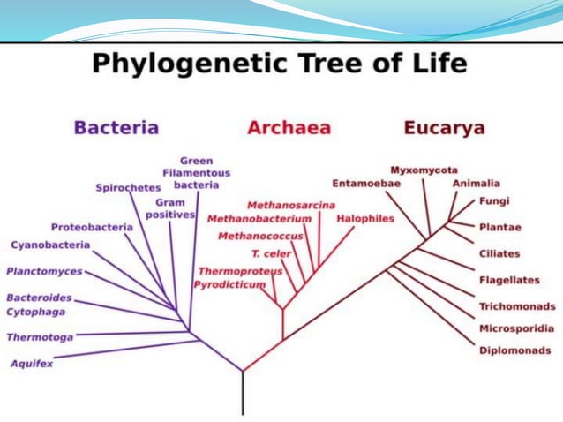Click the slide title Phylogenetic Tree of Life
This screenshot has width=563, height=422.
tap(280, 64)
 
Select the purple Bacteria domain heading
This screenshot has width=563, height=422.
tap(116, 127)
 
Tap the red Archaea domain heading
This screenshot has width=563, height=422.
tap(289, 127)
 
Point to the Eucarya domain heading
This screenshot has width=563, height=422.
tap(444, 127)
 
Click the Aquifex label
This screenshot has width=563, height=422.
tap(30, 363)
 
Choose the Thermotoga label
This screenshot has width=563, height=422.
tap(40, 336)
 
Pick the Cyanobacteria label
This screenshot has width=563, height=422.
tap(50, 245)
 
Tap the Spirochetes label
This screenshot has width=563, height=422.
tap(128, 187)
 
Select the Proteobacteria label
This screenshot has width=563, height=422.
tap(92, 227)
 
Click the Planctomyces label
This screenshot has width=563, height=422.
tap(44, 271)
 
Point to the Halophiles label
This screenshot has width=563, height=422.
tap(364, 218)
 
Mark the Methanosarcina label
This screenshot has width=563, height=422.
tap(290, 205)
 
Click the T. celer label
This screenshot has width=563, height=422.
tap(271, 253)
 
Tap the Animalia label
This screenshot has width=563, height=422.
tap(476, 183)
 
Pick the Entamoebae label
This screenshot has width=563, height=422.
tap(366, 183)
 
